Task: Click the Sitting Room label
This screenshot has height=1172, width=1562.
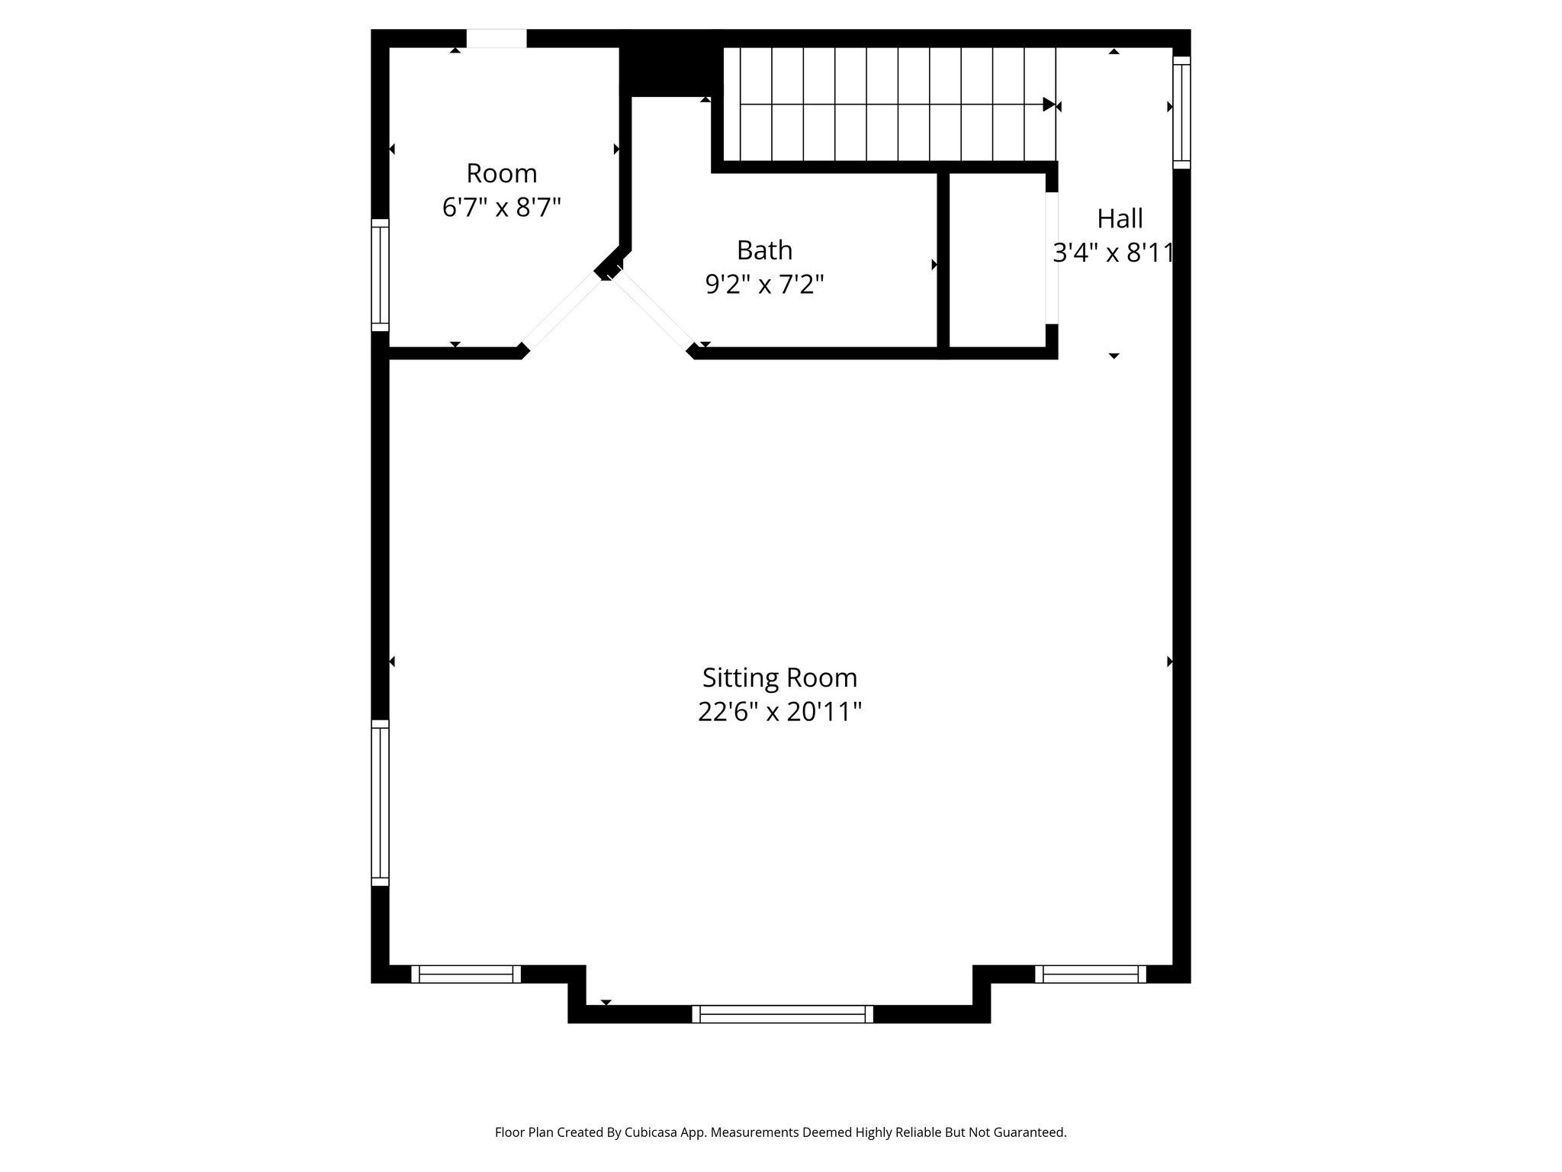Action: pos(779,678)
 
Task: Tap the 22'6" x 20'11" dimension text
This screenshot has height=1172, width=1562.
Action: pos(779,712)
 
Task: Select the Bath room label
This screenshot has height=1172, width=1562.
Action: pos(764,250)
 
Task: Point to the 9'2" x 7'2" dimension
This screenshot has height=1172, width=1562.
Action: pos(764,285)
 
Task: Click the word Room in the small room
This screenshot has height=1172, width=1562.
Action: pos(502,173)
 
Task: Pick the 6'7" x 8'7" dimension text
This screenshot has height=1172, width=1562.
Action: pos(502,208)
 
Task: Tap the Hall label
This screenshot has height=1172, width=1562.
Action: pos(1120,219)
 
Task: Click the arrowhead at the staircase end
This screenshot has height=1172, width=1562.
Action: pos(1049,105)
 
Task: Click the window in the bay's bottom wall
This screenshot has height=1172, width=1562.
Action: pos(783,1014)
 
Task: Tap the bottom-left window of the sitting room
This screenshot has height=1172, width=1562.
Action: pos(466,974)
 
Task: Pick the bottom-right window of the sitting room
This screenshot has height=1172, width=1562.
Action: pos(1091,974)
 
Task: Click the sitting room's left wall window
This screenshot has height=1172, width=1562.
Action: pos(380,803)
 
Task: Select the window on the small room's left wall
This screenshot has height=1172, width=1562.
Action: pos(380,275)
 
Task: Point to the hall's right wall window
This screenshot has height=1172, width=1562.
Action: pos(1181,112)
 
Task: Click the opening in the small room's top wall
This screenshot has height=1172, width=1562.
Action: pos(497,38)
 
